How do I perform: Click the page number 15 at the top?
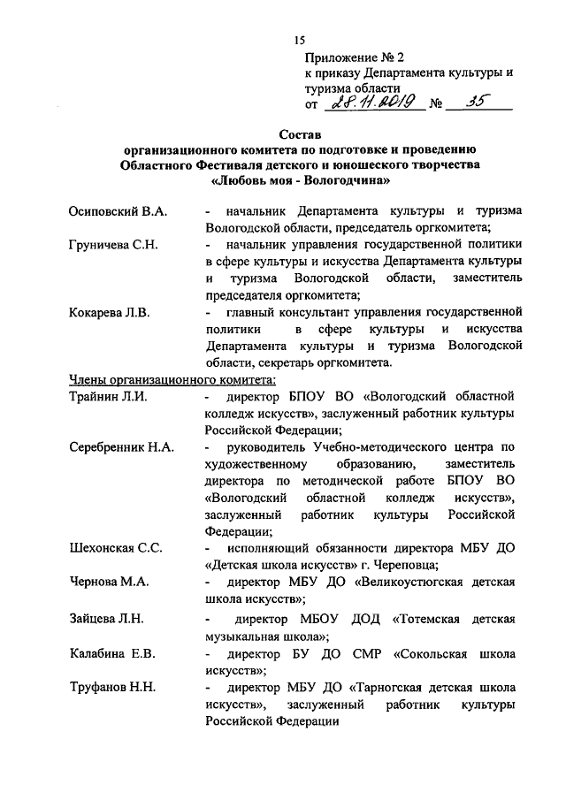click(298, 41)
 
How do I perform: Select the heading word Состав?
click(301, 134)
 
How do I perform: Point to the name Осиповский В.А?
click(119, 212)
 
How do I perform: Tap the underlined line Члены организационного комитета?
click(173, 380)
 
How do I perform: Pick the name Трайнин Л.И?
click(107, 397)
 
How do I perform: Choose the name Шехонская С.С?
click(115, 548)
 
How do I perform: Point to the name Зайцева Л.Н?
click(106, 618)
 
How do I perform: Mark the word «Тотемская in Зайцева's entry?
click(424, 618)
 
